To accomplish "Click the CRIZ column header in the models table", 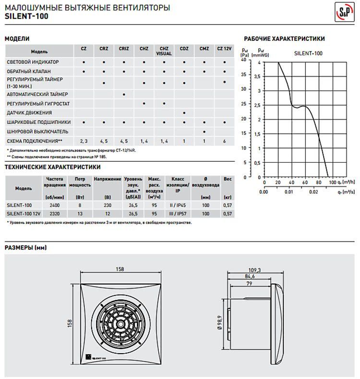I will pyautogui.click(x=124, y=49).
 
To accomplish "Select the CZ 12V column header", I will pyautogui.click(x=224, y=49).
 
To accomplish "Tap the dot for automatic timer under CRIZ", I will pyautogui.click(x=124, y=94).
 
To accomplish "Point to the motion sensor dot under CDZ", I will pyautogui.click(x=184, y=113).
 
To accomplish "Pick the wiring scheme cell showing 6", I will pyautogui.click(x=224, y=141).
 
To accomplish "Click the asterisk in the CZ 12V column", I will pyautogui.click(x=224, y=83).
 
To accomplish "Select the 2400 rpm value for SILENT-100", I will pyautogui.click(x=55, y=205).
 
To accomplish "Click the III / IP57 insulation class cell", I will pyautogui.click(x=178, y=213).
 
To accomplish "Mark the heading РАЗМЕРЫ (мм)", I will pyautogui.click(x=25, y=248).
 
